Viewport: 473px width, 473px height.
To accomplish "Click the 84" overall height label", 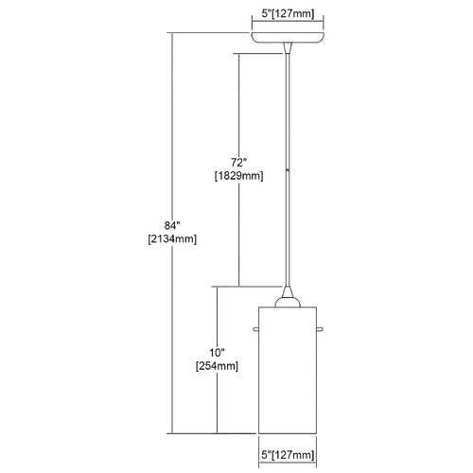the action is [172, 225].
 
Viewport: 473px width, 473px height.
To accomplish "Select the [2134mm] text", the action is [172, 239].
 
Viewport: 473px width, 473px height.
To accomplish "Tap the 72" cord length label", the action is [238, 163].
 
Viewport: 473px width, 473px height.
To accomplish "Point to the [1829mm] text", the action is [239, 176].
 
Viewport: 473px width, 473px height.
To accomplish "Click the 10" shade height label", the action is [217, 353].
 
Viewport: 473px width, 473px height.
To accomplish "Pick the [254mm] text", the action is [217, 366].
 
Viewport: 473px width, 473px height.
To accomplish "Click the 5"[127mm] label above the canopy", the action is [288, 14].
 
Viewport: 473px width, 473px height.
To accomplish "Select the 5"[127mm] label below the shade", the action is [288, 455].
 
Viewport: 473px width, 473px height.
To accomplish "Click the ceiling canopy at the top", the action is [288, 37].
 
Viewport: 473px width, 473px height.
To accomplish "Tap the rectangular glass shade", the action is [288, 370].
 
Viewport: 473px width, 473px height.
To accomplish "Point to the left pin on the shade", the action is [255, 330].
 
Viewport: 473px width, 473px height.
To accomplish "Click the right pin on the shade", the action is [320, 330].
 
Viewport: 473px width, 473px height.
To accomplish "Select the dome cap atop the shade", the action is [288, 302].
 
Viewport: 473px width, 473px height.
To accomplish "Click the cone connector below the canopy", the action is [288, 48].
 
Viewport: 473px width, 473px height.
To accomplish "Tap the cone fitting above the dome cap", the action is [288, 291].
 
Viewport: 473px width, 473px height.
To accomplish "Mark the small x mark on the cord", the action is [288, 170].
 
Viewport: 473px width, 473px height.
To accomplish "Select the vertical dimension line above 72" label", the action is [238, 105].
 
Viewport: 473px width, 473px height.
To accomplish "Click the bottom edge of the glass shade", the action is [288, 433].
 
